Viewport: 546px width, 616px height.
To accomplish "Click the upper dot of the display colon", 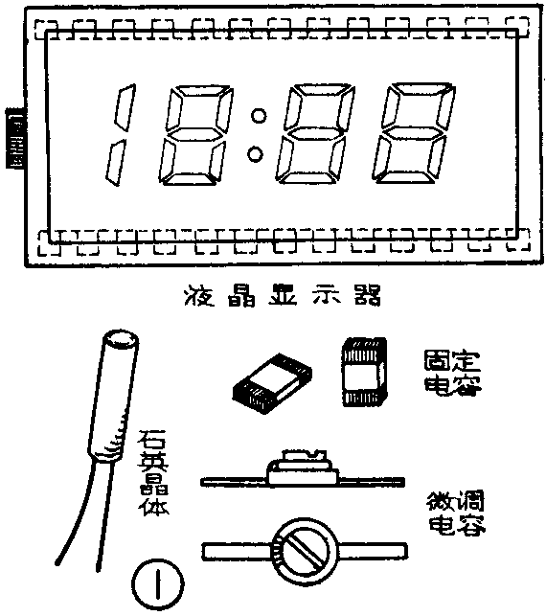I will pos(256,118).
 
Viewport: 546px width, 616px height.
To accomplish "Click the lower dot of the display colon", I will pos(256,152).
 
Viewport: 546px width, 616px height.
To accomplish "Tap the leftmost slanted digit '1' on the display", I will pos(116,137).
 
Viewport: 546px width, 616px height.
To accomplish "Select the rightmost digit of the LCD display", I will pos(410,136).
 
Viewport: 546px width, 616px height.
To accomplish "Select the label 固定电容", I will pos(452,372).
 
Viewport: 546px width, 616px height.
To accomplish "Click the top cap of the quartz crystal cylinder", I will pos(121,339).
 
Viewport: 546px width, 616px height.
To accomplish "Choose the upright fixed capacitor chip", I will pos(362,375).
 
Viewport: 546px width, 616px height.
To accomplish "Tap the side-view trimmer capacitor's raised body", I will pos(301,468).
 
